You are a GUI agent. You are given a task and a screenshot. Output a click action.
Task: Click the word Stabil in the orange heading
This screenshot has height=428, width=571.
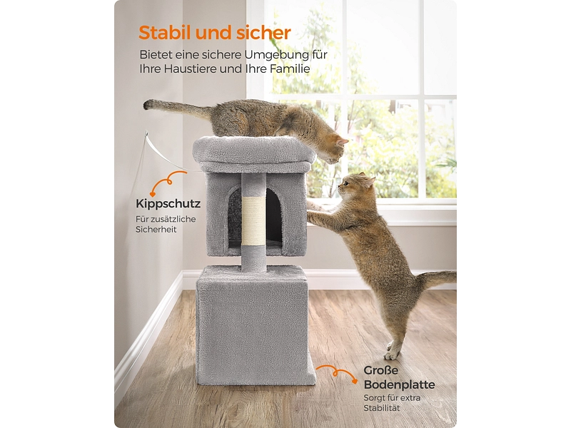(166, 33)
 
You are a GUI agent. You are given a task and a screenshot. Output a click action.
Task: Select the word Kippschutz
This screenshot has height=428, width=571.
(168, 204)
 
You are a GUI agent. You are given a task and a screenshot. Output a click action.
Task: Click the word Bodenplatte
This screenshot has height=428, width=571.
(399, 384)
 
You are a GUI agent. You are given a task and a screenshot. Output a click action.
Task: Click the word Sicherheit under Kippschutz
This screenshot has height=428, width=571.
(156, 230)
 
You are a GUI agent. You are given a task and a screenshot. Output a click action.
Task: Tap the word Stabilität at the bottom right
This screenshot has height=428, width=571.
(382, 408)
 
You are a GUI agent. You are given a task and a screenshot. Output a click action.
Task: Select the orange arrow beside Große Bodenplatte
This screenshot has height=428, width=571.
(337, 373)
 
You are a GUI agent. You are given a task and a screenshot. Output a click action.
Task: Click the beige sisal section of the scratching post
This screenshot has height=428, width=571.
(254, 220)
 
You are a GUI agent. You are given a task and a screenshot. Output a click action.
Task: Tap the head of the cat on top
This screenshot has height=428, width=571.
(334, 148)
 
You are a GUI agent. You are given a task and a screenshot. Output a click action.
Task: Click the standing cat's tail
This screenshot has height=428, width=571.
(435, 279)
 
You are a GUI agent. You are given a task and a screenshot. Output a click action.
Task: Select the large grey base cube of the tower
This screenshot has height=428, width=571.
(255, 325)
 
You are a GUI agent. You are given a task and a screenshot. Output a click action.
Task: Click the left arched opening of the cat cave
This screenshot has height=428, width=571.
(235, 218)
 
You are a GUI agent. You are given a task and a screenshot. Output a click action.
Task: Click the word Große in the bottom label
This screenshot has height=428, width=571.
(380, 370)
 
